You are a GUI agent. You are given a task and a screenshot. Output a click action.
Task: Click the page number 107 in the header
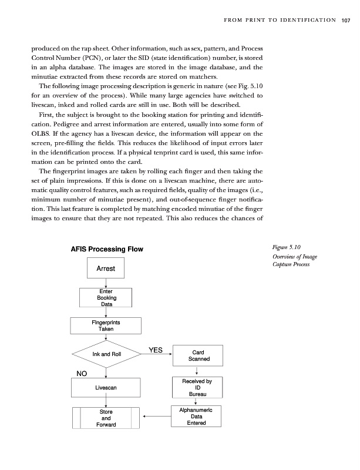pyautogui.click(x=345, y=22)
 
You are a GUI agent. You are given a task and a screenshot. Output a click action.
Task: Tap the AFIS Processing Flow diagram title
pyautogui.click(x=107, y=249)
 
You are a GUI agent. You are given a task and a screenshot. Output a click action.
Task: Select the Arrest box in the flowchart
pyautogui.click(x=106, y=269)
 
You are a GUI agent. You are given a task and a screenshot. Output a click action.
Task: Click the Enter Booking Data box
pyautogui.click(x=106, y=297)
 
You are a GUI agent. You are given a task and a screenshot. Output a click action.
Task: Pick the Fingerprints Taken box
pyautogui.click(x=106, y=325)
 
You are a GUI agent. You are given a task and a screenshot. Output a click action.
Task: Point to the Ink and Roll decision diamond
pyautogui.click(x=106, y=354)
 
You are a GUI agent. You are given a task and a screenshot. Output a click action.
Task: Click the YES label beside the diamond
pyautogui.click(x=156, y=350)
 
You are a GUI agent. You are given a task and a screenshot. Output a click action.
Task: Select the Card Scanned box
pyautogui.click(x=196, y=354)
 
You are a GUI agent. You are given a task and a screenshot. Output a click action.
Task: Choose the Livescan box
pyautogui.click(x=106, y=388)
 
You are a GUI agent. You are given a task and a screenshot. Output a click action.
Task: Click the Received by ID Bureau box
pyautogui.click(x=196, y=388)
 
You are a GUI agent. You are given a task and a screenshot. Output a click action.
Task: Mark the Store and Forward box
pyautogui.click(x=106, y=418)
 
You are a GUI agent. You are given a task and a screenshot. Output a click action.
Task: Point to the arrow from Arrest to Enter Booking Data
pyautogui.click(x=106, y=283)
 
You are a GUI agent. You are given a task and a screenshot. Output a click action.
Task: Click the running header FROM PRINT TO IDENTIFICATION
pyautogui.click(x=277, y=22)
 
